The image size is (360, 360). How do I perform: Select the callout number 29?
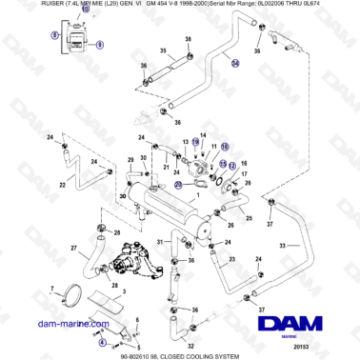pyautogui.click(x=130, y=160)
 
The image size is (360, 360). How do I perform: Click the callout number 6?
pyautogui.click(x=143, y=316)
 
